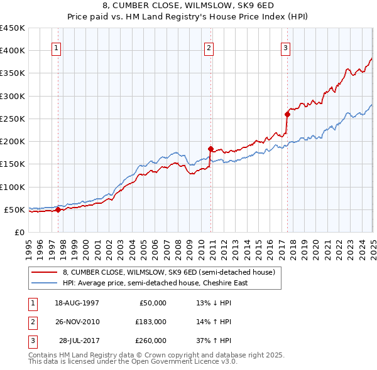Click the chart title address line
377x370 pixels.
(x=188, y=6)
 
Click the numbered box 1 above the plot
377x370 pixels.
(x=57, y=47)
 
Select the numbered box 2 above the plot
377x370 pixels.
(x=209, y=47)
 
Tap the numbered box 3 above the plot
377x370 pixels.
(x=285, y=47)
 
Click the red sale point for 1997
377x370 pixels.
(x=58, y=209)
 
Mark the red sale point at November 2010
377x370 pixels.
(x=211, y=149)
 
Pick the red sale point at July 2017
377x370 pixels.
(x=287, y=114)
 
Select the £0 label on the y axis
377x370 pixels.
(x=19, y=232)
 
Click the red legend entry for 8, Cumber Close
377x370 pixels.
(x=168, y=272)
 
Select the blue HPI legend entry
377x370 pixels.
(x=155, y=283)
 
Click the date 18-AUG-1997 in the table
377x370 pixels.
(x=77, y=302)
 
